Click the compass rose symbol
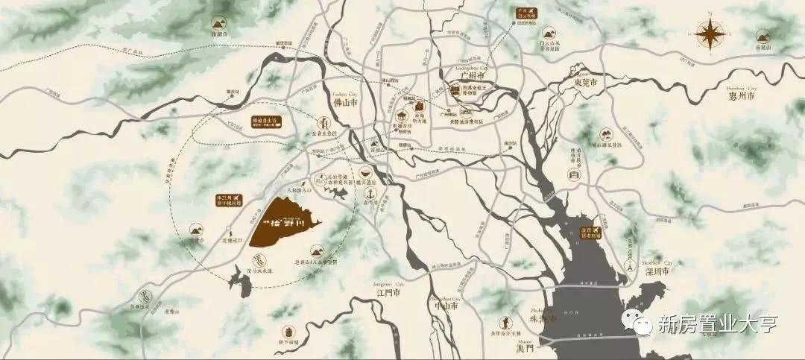click(710, 33)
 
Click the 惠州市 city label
click(741, 96)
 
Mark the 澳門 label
click(525, 348)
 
